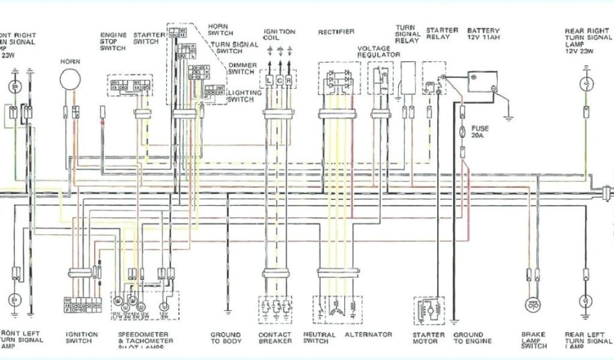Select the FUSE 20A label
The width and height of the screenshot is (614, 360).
click(x=480, y=132)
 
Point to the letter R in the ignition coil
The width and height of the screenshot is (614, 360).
click(x=289, y=80)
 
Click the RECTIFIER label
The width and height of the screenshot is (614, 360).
click(x=336, y=32)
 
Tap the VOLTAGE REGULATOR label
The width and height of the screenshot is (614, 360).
click(x=378, y=51)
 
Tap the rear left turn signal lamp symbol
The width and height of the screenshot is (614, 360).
click(x=586, y=300)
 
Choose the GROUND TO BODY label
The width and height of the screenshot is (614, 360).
click(x=225, y=338)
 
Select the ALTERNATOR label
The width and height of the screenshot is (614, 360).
click(x=368, y=335)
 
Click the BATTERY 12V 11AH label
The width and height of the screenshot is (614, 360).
click(x=483, y=34)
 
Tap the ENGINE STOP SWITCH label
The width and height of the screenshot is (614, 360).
click(x=113, y=41)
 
